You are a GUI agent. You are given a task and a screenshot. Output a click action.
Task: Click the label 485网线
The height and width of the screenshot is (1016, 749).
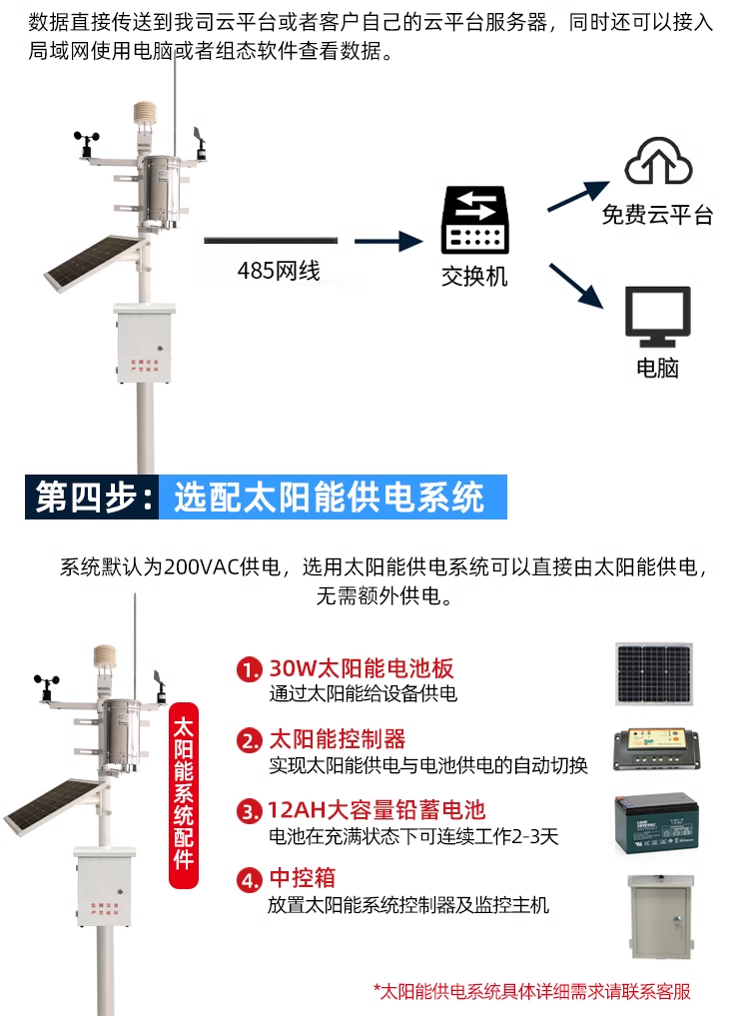(278, 270)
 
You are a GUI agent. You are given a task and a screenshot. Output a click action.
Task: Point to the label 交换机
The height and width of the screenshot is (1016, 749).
(474, 276)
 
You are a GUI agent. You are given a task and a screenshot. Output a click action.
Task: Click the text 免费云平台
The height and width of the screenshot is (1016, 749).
(657, 215)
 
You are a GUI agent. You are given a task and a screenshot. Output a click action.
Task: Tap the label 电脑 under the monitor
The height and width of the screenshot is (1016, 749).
(657, 368)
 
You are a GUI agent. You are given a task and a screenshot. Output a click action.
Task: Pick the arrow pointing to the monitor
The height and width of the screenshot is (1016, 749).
(578, 286)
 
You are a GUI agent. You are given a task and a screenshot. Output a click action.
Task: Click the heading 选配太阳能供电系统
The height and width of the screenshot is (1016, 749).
(329, 497)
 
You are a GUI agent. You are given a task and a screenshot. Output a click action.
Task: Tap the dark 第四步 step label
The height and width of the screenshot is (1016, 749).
(93, 497)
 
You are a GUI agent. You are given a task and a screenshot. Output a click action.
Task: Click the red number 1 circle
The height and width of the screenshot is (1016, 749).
(249, 669)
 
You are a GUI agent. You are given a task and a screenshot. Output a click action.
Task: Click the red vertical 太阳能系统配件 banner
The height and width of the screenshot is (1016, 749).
(184, 791)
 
